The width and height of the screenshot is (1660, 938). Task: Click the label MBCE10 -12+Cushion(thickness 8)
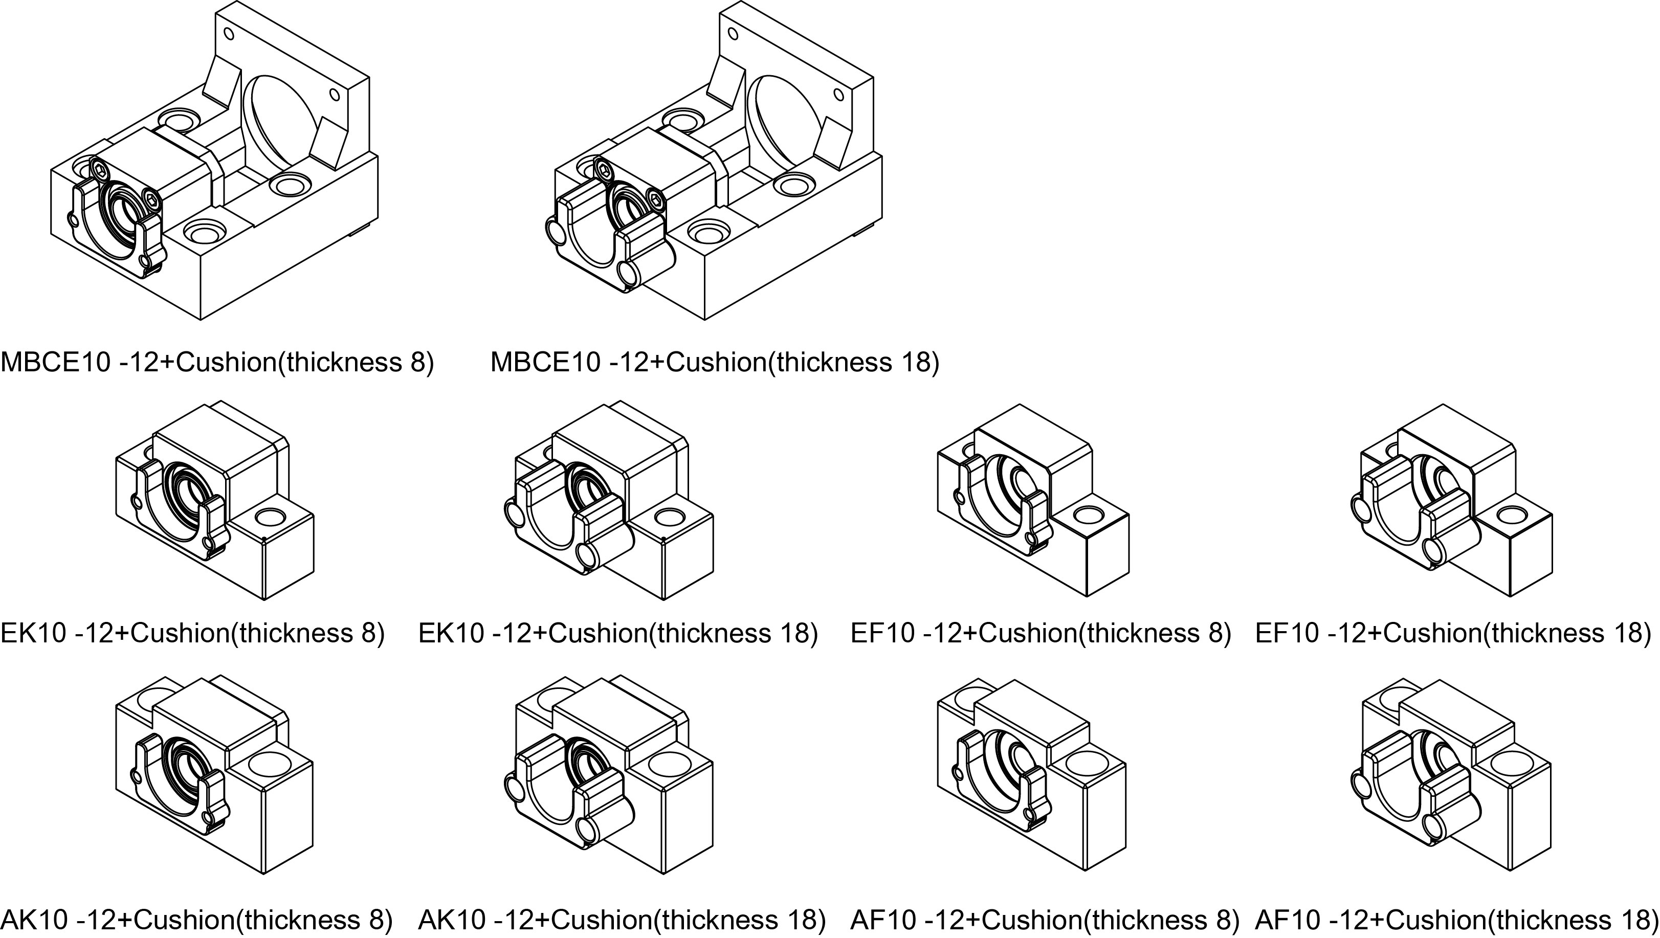[217, 362]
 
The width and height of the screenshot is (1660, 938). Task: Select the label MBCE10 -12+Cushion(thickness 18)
[715, 362]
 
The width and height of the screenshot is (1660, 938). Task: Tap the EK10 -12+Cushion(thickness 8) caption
[193, 633]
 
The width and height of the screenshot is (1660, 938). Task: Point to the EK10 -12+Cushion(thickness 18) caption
[618, 633]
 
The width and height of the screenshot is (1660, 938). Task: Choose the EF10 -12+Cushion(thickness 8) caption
[1041, 633]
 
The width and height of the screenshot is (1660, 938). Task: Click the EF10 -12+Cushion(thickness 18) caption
[1453, 633]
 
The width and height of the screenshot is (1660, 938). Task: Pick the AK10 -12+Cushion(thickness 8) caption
[196, 919]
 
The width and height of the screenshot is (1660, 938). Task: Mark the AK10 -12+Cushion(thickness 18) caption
[622, 919]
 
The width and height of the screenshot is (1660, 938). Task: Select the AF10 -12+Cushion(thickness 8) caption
[1045, 919]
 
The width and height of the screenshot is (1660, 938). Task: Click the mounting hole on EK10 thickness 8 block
[270, 517]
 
